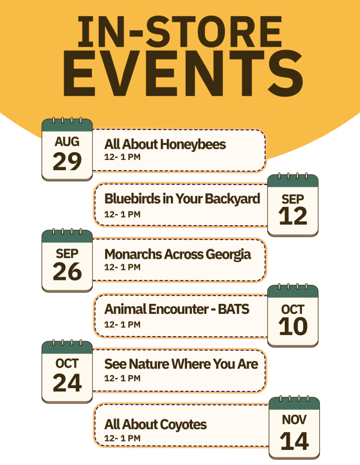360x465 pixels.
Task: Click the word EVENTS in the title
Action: point(183,73)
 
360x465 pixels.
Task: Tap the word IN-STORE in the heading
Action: point(180,31)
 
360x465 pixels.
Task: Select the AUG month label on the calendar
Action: point(67,142)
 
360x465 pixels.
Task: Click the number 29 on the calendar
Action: point(67,161)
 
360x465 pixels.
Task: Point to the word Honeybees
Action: point(193,145)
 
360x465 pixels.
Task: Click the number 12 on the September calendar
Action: point(293,216)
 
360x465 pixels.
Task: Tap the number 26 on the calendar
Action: point(67,272)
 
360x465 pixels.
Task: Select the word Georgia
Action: point(228,255)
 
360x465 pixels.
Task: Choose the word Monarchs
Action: point(133,254)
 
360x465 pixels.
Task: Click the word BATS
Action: point(233,309)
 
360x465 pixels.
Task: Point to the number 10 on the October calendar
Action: point(293,327)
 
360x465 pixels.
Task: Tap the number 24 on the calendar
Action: point(67,383)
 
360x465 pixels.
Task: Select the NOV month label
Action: point(294,420)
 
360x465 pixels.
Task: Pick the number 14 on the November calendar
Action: point(294,441)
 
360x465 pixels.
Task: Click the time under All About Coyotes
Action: point(122,438)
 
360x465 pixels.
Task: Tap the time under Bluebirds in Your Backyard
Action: point(122,214)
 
